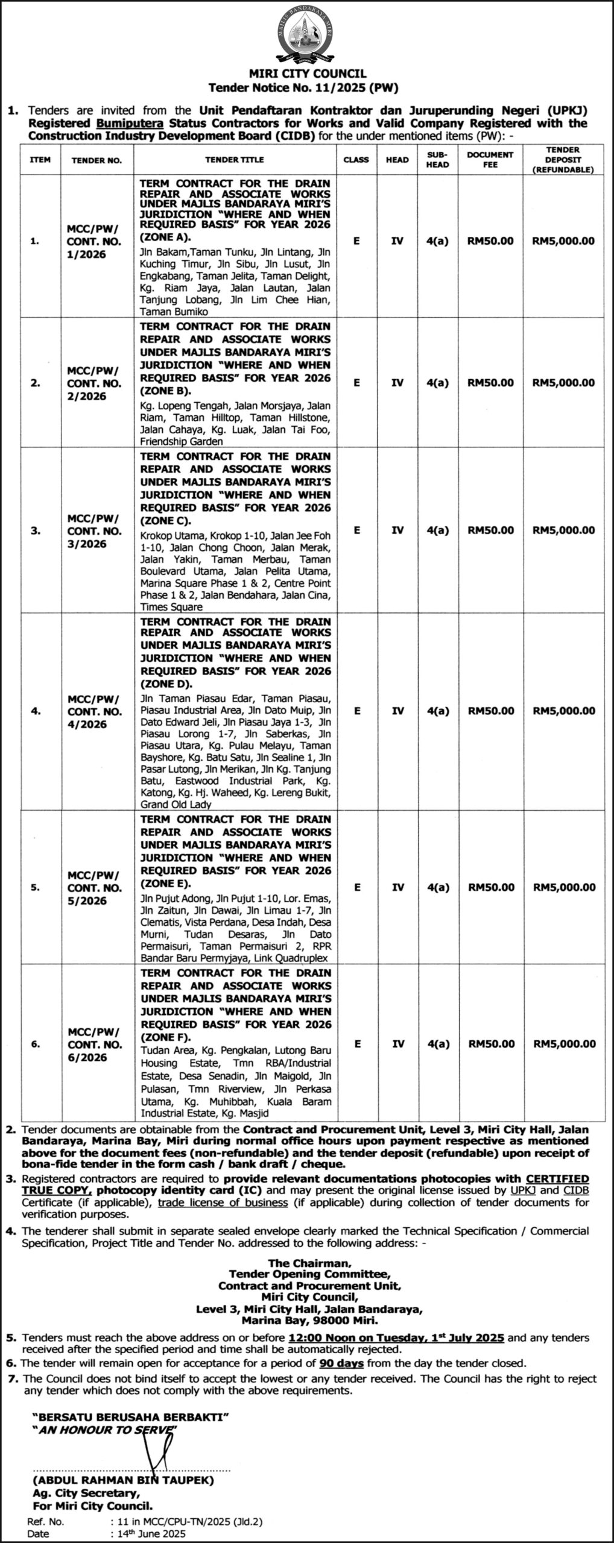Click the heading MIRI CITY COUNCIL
point(308,74)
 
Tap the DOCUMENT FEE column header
point(490,159)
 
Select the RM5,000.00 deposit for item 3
point(563,530)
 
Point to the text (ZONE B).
point(165,391)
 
